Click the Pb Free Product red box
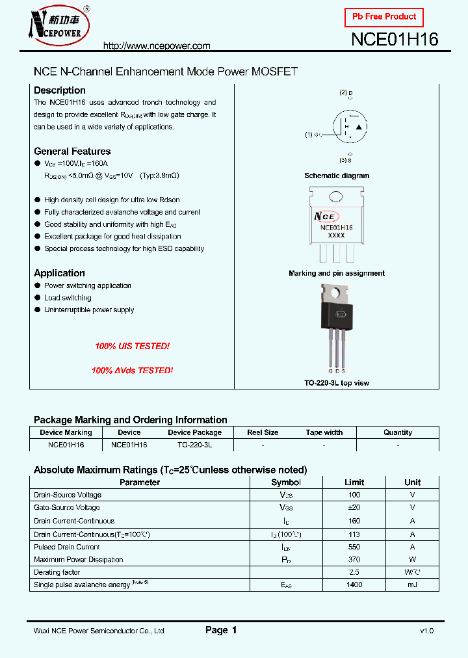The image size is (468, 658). click(x=383, y=16)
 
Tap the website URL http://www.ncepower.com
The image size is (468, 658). click(x=157, y=46)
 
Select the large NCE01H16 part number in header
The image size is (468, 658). click(x=395, y=40)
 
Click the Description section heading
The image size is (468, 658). click(x=60, y=90)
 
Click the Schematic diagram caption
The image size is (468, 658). click(x=337, y=176)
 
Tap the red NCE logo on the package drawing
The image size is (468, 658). click(x=326, y=216)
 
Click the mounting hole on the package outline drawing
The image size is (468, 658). click(x=336, y=198)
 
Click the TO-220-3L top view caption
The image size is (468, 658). click(x=337, y=383)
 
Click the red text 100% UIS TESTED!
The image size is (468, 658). click(x=132, y=347)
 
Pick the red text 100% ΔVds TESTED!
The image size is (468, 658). click(x=132, y=370)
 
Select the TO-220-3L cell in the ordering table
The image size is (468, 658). click(x=194, y=445)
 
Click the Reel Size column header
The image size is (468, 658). click(x=263, y=432)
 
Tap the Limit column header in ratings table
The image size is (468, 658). click(x=354, y=482)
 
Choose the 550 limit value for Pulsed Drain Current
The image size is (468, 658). click(x=354, y=547)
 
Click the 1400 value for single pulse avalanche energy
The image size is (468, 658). click(x=354, y=585)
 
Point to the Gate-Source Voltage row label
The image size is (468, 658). click(x=67, y=508)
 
